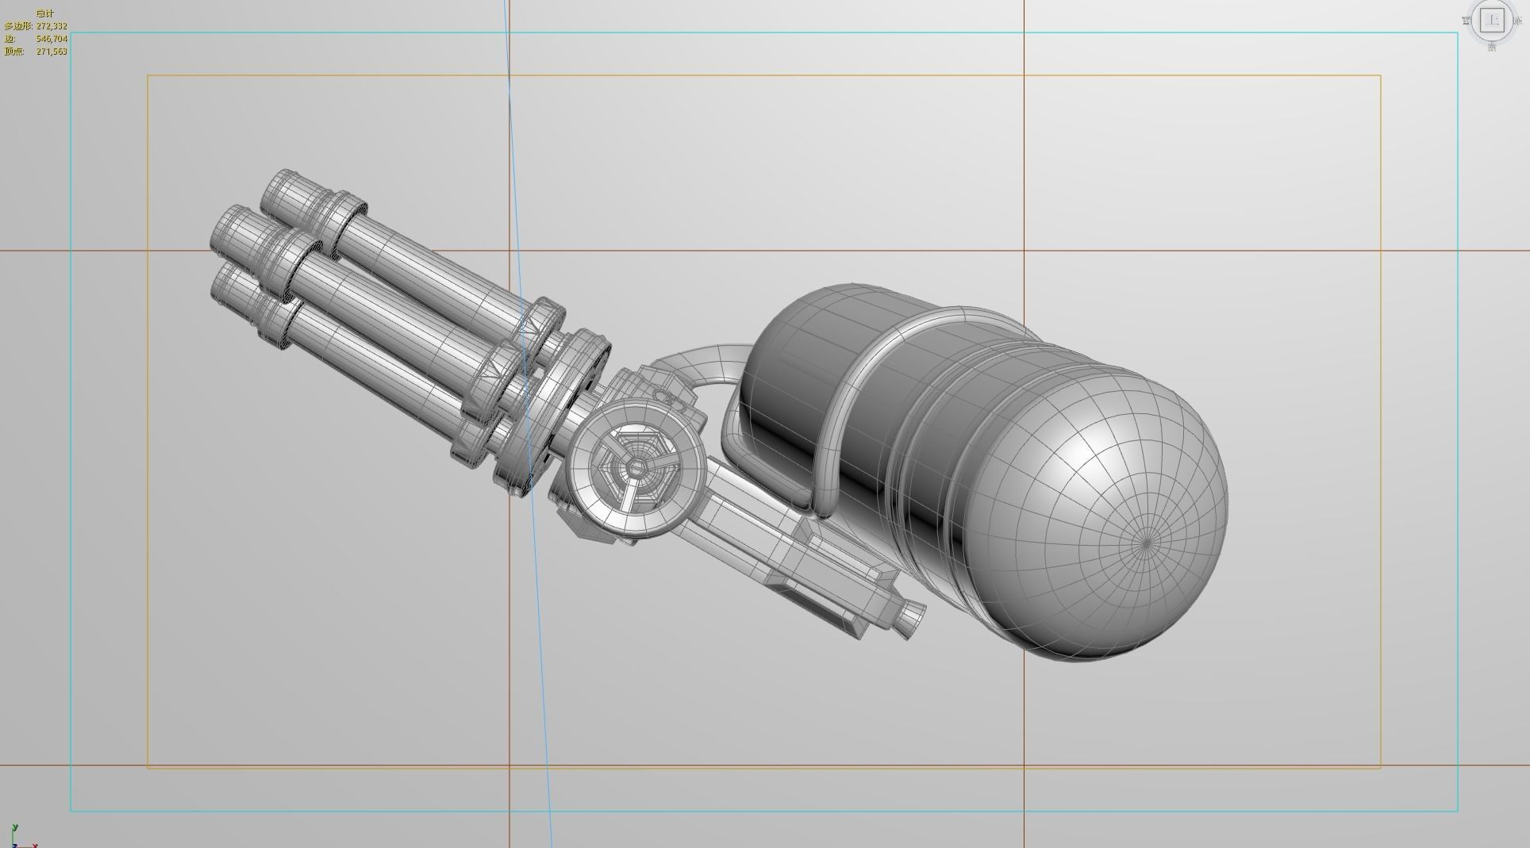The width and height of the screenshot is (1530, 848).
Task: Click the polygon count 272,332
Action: point(52,26)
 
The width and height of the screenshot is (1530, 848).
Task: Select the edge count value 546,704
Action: point(52,39)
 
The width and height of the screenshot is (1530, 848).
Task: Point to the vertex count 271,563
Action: point(52,52)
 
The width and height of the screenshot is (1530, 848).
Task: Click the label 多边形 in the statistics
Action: point(18,26)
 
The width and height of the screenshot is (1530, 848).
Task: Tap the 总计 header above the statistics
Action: point(45,13)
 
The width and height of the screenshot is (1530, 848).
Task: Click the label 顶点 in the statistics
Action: point(13,52)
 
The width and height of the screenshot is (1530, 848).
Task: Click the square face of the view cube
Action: point(1493,21)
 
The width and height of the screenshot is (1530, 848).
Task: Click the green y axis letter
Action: point(14,827)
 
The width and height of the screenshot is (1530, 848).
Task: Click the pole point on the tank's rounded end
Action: point(1147,543)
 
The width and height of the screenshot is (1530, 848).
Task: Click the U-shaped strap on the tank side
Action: point(841,412)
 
